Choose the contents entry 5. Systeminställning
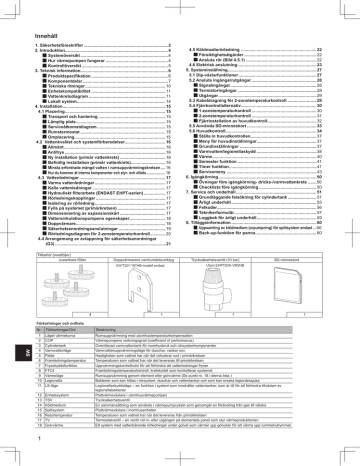[x=222, y=73]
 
